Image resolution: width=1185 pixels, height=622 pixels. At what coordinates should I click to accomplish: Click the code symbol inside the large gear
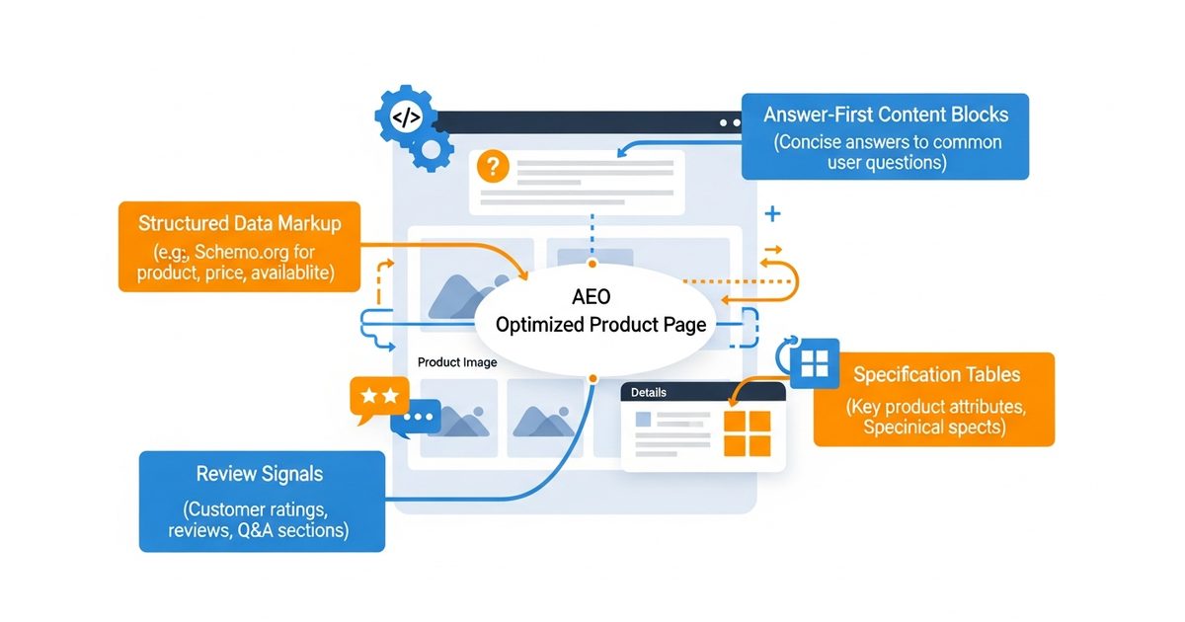coord(406,117)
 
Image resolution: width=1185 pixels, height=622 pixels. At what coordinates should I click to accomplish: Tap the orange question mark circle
coord(492,167)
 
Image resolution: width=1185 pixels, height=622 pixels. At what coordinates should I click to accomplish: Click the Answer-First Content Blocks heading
coord(885,115)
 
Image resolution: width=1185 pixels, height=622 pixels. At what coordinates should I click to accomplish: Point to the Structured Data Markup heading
coord(240,223)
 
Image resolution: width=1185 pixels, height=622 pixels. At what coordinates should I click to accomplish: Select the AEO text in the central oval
coord(592,296)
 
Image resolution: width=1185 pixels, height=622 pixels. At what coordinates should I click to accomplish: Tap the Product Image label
coord(457,362)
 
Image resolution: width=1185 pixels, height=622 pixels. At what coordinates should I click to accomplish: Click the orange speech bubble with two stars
coord(379,397)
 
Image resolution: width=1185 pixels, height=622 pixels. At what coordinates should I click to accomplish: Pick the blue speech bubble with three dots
coord(418,418)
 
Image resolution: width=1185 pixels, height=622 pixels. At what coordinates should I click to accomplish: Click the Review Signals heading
coord(260,474)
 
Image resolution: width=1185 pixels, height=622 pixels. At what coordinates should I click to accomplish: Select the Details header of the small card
coord(649,392)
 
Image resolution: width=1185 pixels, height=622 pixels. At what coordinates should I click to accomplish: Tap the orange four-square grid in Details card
coord(747,433)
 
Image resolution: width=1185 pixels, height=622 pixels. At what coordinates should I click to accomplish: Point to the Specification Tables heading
coord(936,375)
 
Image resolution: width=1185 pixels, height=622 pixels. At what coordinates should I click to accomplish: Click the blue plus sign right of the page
coord(772,213)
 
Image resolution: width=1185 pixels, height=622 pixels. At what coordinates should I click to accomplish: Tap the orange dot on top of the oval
coord(592,265)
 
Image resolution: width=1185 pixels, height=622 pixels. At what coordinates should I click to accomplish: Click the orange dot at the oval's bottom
coord(592,378)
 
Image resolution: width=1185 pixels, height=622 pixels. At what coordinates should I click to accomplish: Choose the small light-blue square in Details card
coord(643,420)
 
